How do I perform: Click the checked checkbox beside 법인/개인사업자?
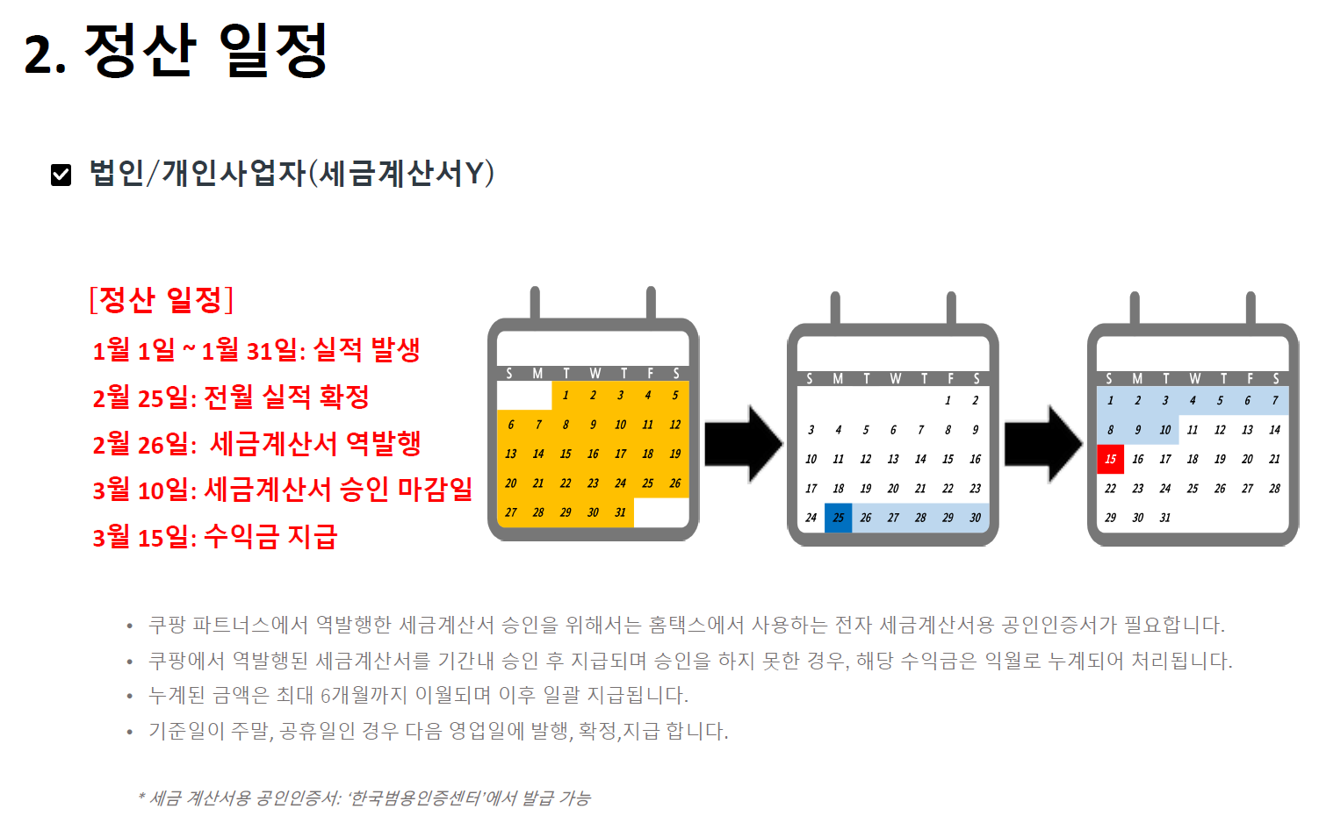click(x=61, y=175)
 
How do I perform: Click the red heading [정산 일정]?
click(x=162, y=300)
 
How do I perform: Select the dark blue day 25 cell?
click(x=839, y=518)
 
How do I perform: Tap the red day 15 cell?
click(x=1110, y=459)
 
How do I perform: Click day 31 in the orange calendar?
click(x=620, y=512)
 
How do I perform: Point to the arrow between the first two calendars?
click(x=742, y=444)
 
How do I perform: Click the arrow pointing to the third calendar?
click(x=1042, y=444)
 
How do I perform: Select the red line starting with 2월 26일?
click(x=256, y=444)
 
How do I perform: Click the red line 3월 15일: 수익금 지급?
click(x=215, y=536)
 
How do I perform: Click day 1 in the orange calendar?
click(x=566, y=396)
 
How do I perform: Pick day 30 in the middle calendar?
click(x=975, y=518)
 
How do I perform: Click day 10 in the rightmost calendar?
click(x=1164, y=430)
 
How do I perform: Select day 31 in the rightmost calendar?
click(x=1164, y=518)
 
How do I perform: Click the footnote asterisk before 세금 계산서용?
click(x=141, y=797)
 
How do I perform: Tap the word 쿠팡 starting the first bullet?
click(x=167, y=625)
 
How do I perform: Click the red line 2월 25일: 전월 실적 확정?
click(x=231, y=397)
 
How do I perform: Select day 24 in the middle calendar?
click(x=811, y=518)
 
